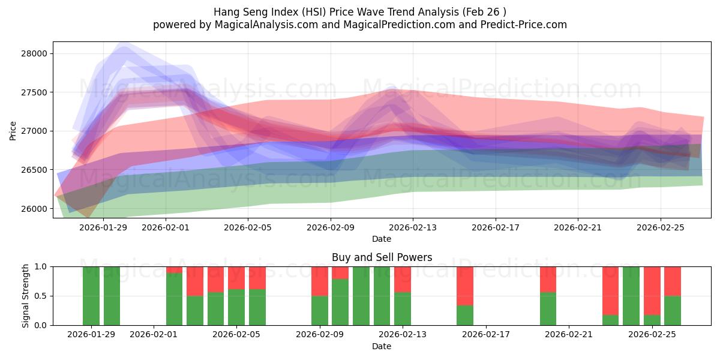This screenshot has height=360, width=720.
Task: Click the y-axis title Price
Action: [13, 130]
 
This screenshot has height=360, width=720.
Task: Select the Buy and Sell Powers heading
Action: [382, 257]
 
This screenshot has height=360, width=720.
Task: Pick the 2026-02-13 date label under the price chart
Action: [413, 227]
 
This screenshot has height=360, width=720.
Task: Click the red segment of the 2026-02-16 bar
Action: [465, 286]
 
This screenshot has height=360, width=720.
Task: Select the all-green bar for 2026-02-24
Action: [631, 296]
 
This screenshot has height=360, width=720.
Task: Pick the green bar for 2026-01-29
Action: [91, 296]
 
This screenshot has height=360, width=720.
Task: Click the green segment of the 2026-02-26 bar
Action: [673, 311]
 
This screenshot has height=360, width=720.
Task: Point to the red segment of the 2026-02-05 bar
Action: [236, 278]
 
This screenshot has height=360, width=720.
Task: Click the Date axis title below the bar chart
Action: [382, 346]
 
